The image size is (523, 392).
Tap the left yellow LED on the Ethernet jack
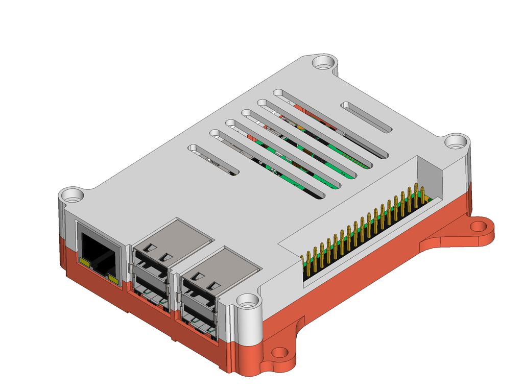pyautogui.click(x=85, y=263)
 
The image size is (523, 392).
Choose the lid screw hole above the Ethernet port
pyautogui.click(x=73, y=195)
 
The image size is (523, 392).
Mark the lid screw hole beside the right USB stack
pyautogui.click(x=249, y=302)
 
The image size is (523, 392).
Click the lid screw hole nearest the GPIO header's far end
pyautogui.click(x=455, y=142)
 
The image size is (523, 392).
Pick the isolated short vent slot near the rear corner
pyautogui.click(x=366, y=117)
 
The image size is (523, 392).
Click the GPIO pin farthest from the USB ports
pyautogui.click(x=422, y=197)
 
